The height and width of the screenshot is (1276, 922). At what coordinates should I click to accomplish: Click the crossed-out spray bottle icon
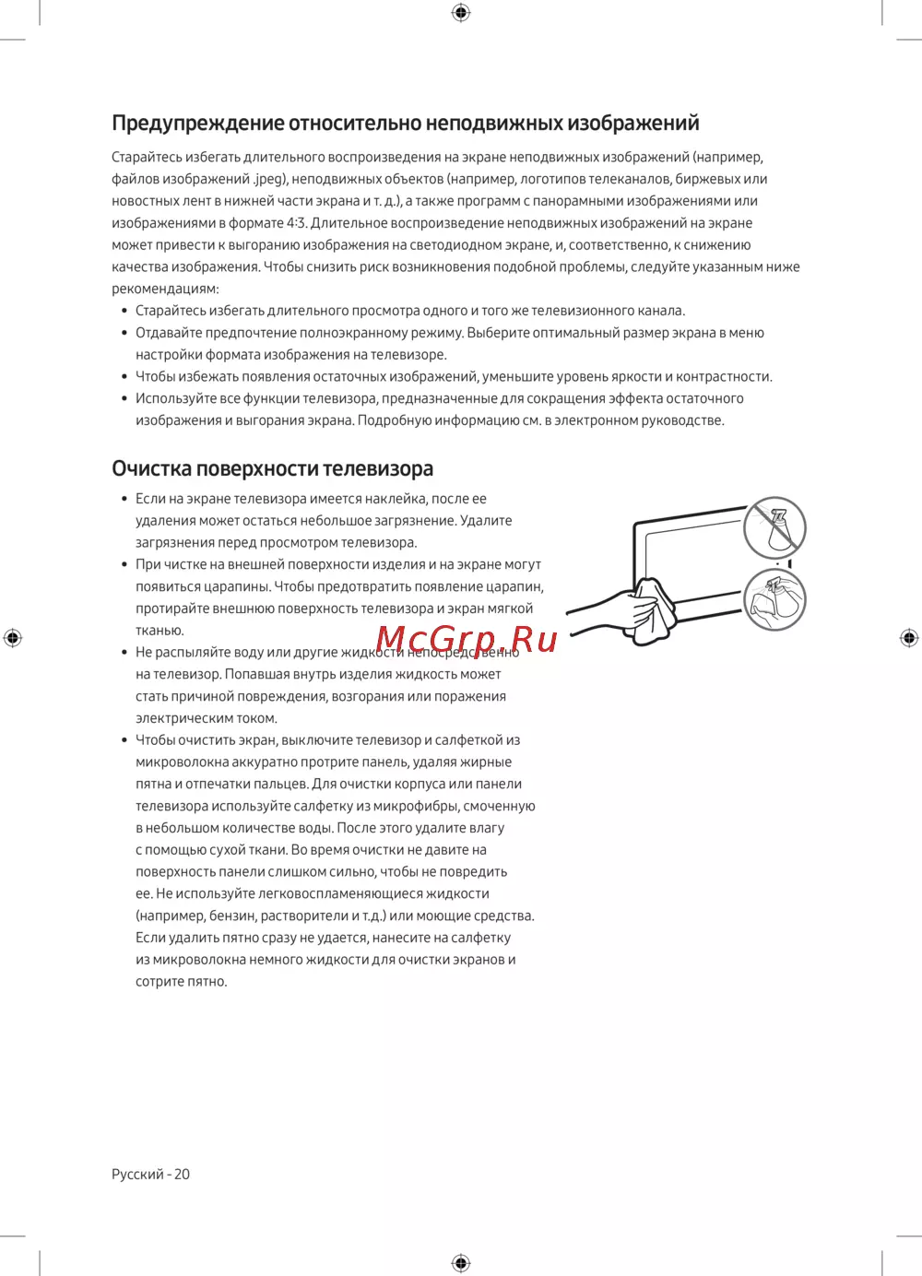775,526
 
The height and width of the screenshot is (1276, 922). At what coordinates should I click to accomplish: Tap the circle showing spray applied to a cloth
774,599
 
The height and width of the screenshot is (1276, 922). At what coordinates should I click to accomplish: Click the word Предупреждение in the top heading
197,124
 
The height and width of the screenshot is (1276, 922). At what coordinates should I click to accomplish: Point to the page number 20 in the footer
182,1174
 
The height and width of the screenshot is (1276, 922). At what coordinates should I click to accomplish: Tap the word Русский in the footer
137,1174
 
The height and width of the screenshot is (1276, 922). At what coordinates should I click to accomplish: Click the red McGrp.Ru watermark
467,639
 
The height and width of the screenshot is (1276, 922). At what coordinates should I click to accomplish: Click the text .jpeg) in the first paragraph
270,179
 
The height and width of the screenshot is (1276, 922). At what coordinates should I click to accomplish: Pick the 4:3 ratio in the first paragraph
296,223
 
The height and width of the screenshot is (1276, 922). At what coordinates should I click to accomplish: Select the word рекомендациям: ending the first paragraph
165,289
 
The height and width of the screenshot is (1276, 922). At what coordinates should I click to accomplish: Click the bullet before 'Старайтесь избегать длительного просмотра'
124,311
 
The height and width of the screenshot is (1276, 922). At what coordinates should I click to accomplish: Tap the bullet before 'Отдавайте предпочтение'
124,333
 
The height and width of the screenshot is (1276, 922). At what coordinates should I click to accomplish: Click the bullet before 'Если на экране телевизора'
124,499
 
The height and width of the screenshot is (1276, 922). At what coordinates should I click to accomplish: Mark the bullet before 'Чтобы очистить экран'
124,740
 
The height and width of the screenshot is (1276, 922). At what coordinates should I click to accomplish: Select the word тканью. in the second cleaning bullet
160,631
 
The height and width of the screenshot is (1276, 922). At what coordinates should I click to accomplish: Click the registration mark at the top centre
461,12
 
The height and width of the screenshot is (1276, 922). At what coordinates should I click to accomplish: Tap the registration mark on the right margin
909,637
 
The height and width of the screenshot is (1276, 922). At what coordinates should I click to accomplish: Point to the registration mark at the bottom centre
461,1262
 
